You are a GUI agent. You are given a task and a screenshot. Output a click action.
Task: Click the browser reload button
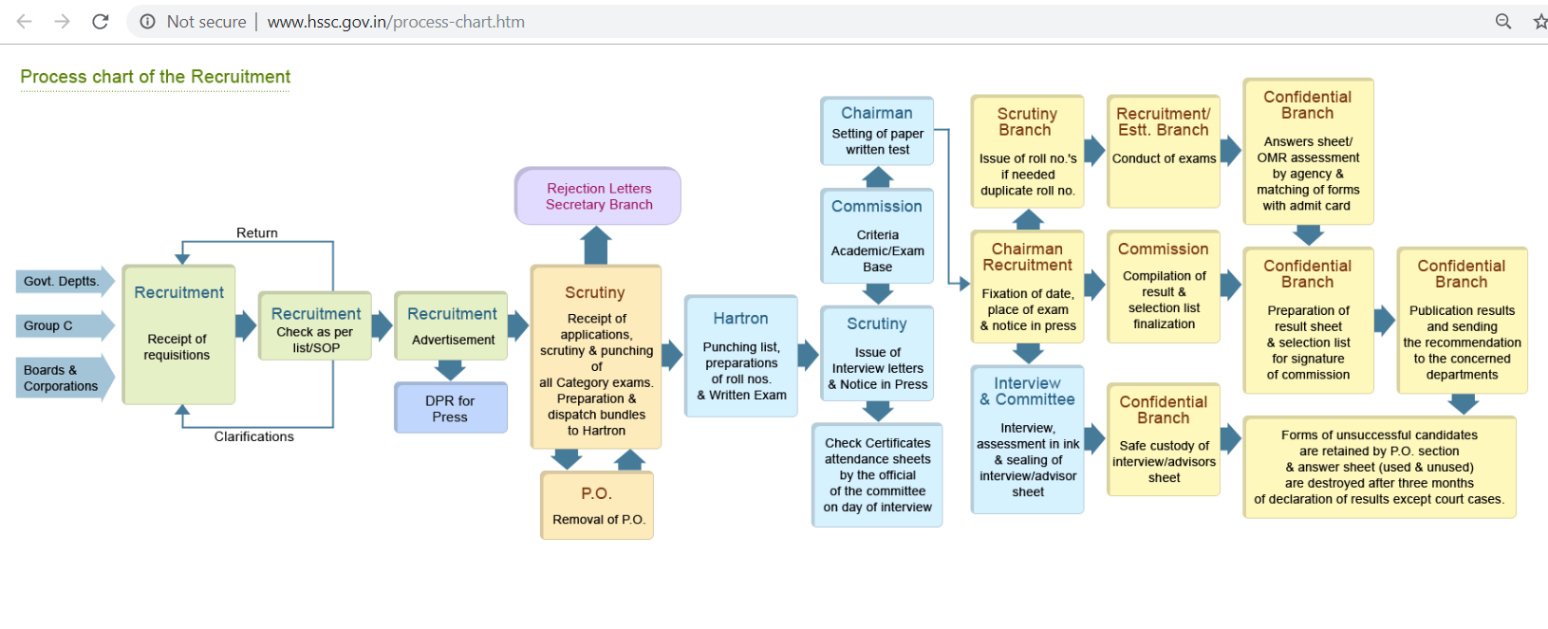pyautogui.click(x=101, y=22)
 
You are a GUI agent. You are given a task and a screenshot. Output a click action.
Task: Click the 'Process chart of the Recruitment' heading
pyautogui.click(x=156, y=77)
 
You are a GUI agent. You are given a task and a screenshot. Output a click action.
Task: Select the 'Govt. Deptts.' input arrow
pyautogui.click(x=65, y=281)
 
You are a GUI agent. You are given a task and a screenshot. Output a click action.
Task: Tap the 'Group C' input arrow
pyautogui.click(x=65, y=325)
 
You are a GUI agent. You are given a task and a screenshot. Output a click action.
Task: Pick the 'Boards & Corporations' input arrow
pyautogui.click(x=65, y=378)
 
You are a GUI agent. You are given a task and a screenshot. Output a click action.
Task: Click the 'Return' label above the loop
pyautogui.click(x=257, y=232)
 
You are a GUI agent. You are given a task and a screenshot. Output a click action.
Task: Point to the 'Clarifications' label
pyautogui.click(x=253, y=436)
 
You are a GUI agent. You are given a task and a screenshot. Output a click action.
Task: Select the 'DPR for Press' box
pyautogui.click(x=451, y=408)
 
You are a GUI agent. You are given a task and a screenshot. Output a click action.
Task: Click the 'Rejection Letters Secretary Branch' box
pyautogui.click(x=598, y=196)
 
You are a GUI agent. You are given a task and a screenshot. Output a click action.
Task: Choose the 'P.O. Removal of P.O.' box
pyautogui.click(x=597, y=506)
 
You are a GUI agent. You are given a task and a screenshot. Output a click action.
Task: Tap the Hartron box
pyautogui.click(x=741, y=357)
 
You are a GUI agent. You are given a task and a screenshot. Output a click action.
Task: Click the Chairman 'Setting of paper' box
pyautogui.click(x=877, y=131)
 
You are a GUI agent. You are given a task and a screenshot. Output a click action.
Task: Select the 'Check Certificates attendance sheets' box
pyautogui.click(x=877, y=475)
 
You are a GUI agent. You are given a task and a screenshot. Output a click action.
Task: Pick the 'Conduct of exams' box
pyautogui.click(x=1164, y=151)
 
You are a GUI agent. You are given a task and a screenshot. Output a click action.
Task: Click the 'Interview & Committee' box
pyautogui.click(x=1028, y=440)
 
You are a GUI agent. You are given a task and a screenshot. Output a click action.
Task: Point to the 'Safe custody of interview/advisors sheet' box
pyautogui.click(x=1164, y=440)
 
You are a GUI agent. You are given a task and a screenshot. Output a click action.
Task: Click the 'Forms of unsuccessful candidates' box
pyautogui.click(x=1379, y=468)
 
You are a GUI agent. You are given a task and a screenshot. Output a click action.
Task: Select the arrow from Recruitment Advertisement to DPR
pyautogui.click(x=450, y=370)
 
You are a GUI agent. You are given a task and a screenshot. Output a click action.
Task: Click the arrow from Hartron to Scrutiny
pyautogui.click(x=809, y=356)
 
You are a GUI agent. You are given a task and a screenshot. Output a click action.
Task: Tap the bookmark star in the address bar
pyautogui.click(x=1539, y=22)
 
